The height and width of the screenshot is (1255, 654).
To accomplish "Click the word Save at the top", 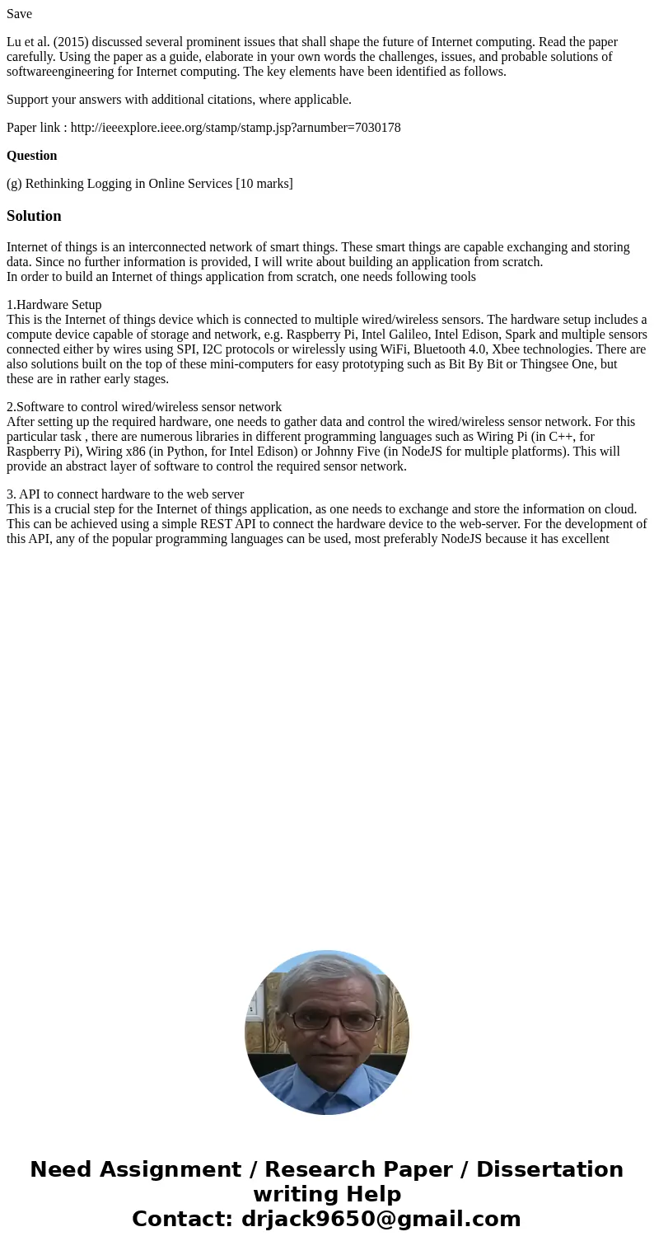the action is [x=19, y=14].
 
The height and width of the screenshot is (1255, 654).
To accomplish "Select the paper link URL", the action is [x=236, y=128].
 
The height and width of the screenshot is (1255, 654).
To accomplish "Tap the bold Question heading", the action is [x=32, y=156].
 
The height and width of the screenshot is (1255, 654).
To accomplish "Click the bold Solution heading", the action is [x=34, y=216].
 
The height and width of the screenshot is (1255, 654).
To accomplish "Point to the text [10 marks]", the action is [x=264, y=184].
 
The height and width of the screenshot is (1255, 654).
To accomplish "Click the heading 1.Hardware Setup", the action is [x=54, y=305].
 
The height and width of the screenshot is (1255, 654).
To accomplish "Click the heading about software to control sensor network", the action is [x=144, y=407].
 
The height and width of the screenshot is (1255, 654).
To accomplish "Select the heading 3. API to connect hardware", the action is [x=125, y=494].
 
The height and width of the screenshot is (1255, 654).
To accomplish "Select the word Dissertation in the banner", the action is [x=549, y=1169].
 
